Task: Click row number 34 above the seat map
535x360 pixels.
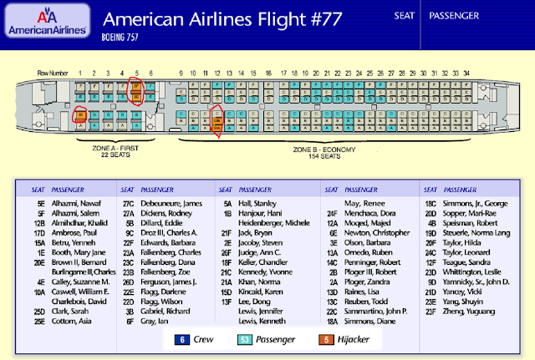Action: point(466,74)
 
